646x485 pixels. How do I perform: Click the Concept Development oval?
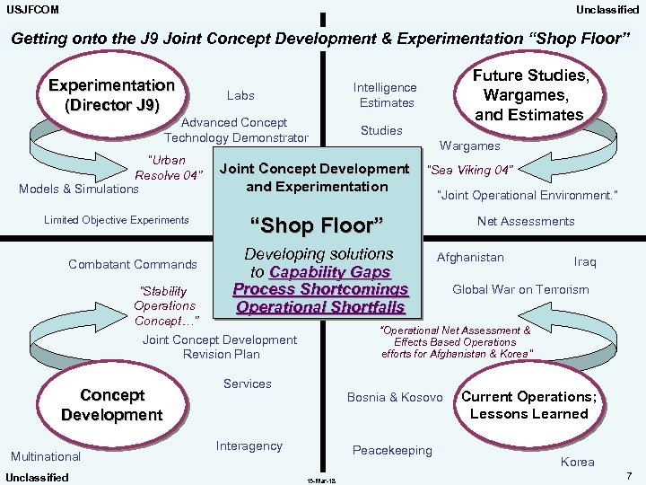(111, 405)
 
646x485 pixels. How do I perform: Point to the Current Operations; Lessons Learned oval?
(528, 405)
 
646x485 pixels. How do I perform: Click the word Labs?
(240, 94)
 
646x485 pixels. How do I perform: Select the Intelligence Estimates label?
(385, 95)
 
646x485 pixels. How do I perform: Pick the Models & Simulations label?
(79, 189)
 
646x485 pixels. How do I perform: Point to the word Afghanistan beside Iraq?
(470, 258)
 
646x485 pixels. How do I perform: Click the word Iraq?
(584, 262)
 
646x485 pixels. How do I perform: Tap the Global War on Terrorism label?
(520, 289)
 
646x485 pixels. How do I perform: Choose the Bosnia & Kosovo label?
(395, 397)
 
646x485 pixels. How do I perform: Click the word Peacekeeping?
(392, 450)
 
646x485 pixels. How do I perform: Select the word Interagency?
(249, 445)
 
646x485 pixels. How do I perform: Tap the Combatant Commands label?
(132, 264)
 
